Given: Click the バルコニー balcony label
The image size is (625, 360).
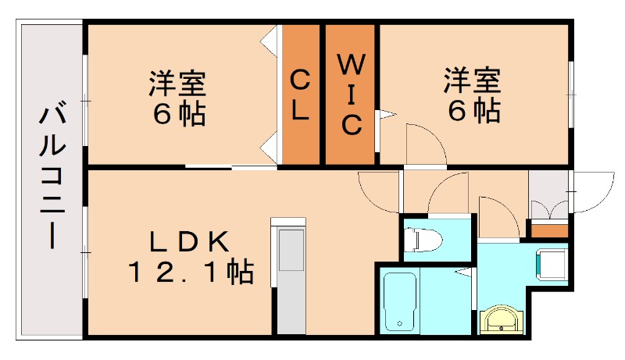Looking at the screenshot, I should [52, 179].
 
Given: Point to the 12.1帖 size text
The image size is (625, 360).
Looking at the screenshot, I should [190, 273].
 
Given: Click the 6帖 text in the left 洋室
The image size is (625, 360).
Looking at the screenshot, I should [179, 114].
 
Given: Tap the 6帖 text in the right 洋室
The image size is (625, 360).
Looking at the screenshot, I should [473, 110].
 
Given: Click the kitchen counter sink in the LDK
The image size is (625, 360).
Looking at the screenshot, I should [290, 249].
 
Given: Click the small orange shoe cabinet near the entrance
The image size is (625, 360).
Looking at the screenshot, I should [550, 230].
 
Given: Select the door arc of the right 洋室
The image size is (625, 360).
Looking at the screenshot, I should [423, 144].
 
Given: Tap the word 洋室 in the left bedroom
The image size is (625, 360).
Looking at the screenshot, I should [179, 83].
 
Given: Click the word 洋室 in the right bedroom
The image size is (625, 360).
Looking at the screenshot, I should [473, 80].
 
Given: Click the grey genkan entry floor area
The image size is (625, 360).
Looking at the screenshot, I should [550, 191].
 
